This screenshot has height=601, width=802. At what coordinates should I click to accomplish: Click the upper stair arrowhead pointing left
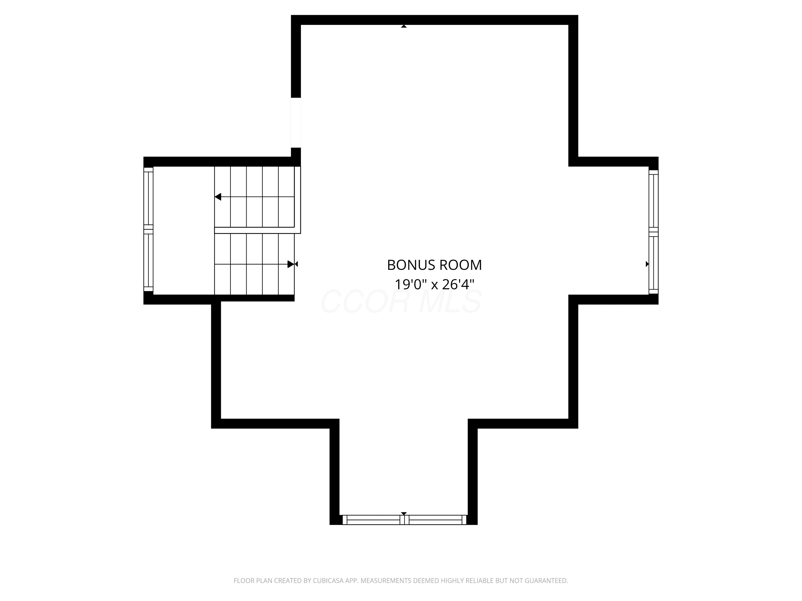(218, 197)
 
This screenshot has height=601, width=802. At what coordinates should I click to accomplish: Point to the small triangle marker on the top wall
(403, 26)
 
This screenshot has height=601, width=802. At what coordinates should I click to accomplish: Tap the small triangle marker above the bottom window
(403, 514)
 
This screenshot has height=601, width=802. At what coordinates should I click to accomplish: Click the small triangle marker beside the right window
(647, 264)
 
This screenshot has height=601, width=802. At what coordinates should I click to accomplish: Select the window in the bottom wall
(403, 520)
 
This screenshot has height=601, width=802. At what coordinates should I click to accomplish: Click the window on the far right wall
(653, 232)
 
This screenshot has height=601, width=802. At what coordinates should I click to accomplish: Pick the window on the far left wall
(148, 229)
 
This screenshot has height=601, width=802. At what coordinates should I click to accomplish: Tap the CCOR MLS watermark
(401, 301)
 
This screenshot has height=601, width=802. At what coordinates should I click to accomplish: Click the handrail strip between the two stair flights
(257, 231)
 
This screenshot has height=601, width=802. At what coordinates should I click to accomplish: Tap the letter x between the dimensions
(434, 286)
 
